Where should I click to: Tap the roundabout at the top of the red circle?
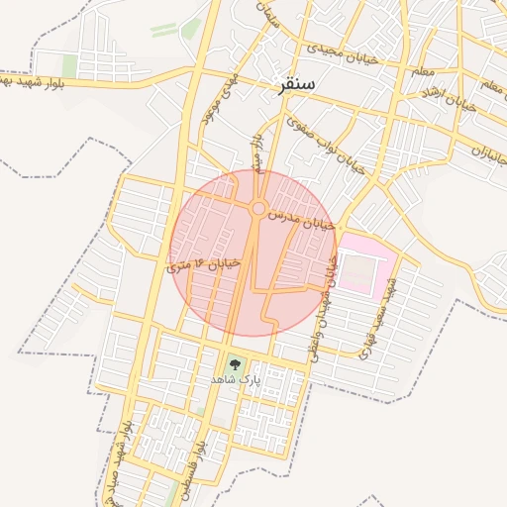click(258, 208)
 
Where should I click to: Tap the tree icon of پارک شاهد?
click(234, 363)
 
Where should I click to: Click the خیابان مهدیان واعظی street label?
click(326, 307)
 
